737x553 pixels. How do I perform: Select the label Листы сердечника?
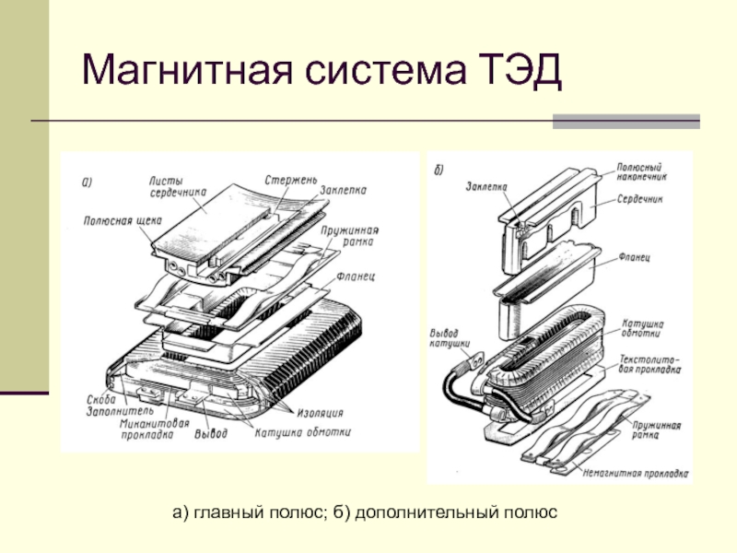179,187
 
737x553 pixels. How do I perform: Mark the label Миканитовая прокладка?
147,430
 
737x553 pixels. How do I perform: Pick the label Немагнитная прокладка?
636,475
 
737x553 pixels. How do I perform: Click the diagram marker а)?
88,181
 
